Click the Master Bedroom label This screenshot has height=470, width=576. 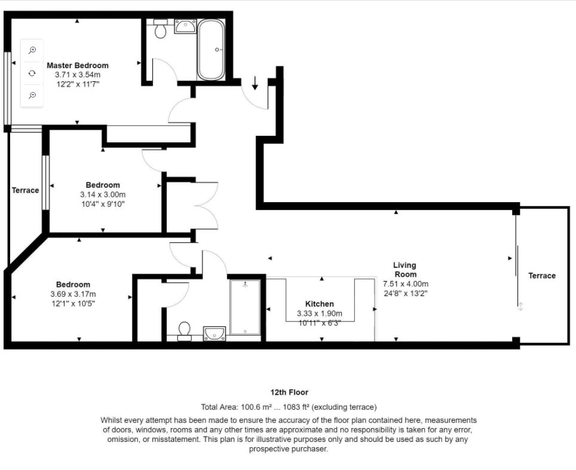[x=78, y=65]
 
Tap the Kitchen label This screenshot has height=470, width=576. [x=320, y=304]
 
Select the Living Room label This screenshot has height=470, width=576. [x=405, y=270]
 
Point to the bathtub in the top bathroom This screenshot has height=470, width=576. [x=211, y=50]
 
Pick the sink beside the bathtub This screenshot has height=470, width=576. [x=185, y=26]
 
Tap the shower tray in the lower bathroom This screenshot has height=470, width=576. [x=245, y=307]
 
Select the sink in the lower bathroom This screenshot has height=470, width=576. [x=215, y=334]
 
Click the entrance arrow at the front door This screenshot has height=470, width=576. [x=255, y=83]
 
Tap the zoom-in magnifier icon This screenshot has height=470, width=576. [x=32, y=50]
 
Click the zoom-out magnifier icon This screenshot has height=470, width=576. [x=32, y=95]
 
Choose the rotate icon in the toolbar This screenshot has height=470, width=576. [x=32, y=73]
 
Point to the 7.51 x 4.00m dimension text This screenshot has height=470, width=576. [x=406, y=284]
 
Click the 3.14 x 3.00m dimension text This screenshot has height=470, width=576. [x=103, y=194]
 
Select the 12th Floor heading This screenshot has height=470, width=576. [x=289, y=392]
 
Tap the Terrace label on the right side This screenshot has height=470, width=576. [x=542, y=276]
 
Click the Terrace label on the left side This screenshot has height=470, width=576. [x=25, y=190]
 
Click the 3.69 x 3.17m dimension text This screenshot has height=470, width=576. [x=73, y=294]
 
